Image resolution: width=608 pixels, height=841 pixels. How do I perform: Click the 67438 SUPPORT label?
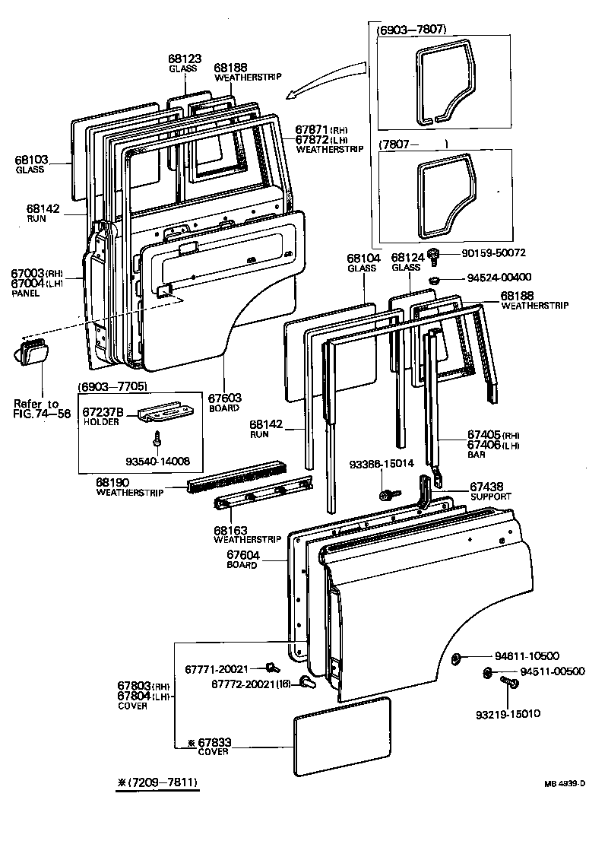coord(490,490)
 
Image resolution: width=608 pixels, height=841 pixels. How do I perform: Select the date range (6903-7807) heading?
coord(411,30)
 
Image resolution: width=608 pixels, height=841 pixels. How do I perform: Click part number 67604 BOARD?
coord(243,560)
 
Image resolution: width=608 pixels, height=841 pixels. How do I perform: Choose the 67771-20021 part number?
coord(217,668)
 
